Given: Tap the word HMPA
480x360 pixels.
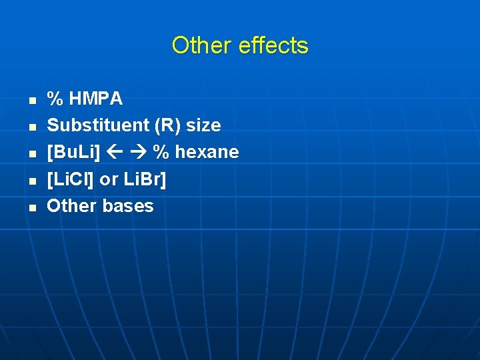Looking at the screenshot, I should coord(95,99).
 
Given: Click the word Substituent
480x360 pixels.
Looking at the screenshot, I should coord(89,125).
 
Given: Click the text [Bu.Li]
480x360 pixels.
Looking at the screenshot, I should coord(73,152).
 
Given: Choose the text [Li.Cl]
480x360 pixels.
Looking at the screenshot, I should coord(71,179).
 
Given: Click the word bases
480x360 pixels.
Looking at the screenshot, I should coord(128,205).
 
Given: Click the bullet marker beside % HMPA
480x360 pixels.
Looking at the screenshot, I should coord(31,101).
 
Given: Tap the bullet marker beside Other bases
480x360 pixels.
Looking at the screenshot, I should coord(31,207).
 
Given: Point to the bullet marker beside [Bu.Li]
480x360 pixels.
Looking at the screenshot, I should coord(31,154).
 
